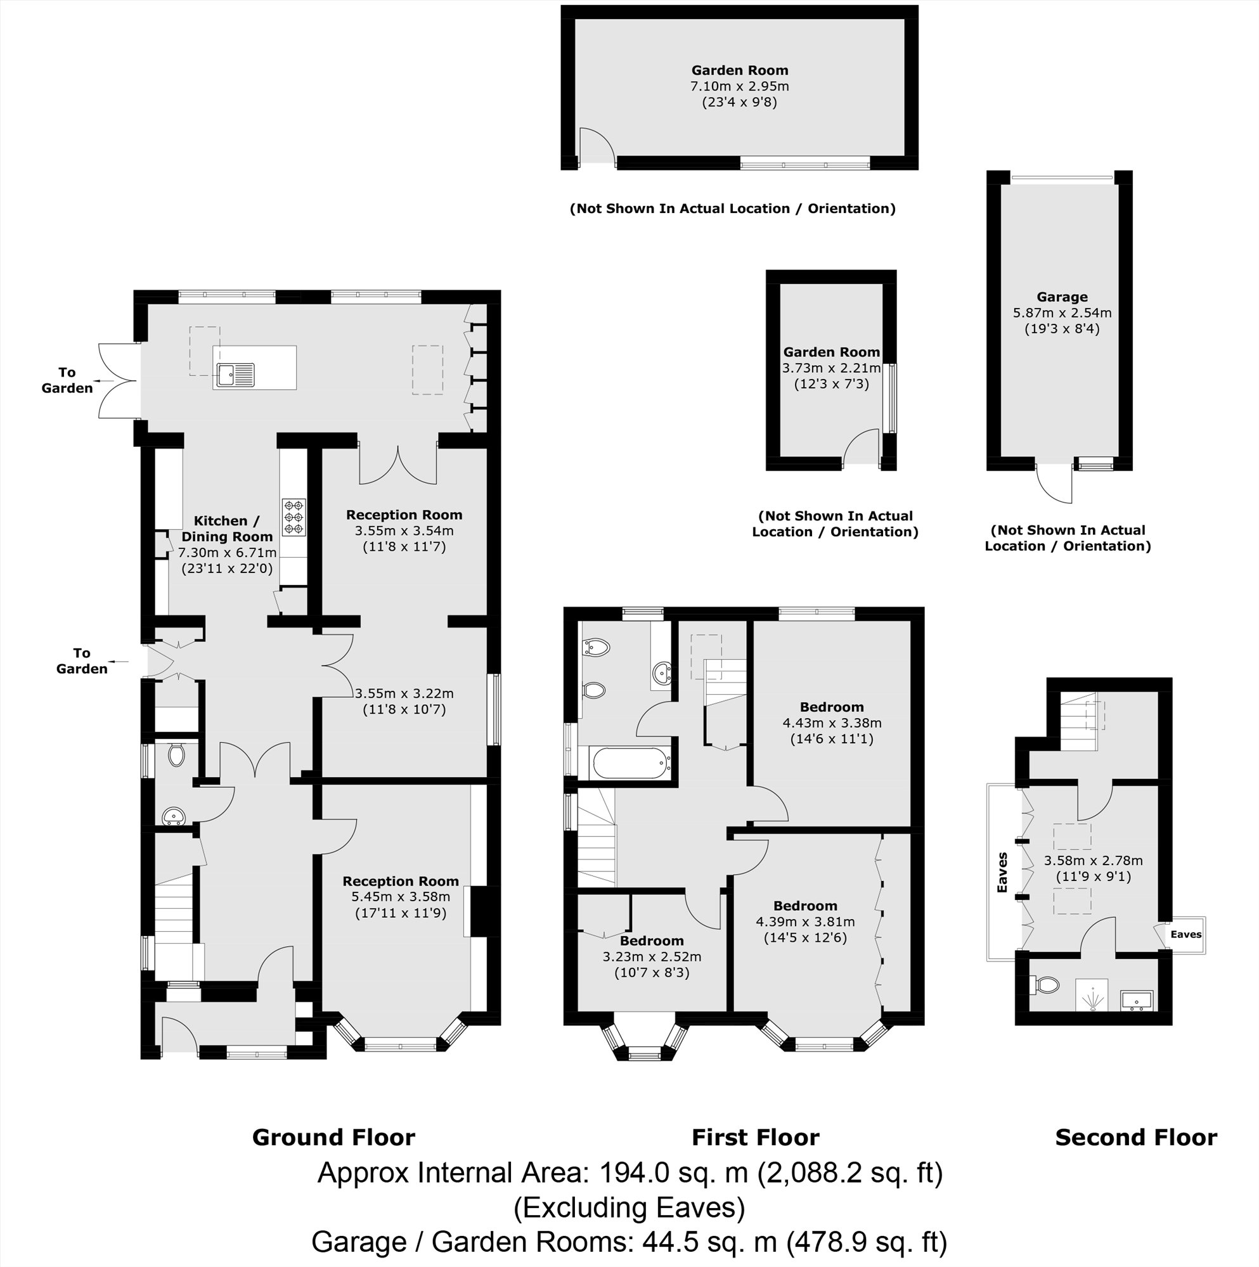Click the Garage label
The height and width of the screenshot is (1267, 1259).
[x=1061, y=297]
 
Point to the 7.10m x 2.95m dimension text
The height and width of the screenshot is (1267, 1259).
[x=739, y=86]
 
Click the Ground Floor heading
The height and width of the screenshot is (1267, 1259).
[x=333, y=1137]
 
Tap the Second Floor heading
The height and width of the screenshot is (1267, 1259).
[x=1135, y=1137]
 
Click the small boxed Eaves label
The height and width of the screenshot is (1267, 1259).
[x=1185, y=934]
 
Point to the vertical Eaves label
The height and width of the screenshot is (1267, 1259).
[x=1002, y=872]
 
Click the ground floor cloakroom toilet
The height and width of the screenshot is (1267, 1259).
[x=176, y=755]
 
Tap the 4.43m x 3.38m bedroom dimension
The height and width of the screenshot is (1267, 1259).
[x=831, y=723]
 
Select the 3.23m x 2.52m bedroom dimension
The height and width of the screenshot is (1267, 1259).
[x=652, y=957]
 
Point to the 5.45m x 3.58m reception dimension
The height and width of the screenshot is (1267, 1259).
[x=400, y=896]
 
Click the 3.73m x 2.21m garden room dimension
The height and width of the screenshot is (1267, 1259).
[x=830, y=368]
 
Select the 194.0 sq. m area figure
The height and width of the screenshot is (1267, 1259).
[x=674, y=1173]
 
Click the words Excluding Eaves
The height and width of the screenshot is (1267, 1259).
[x=628, y=1207]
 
